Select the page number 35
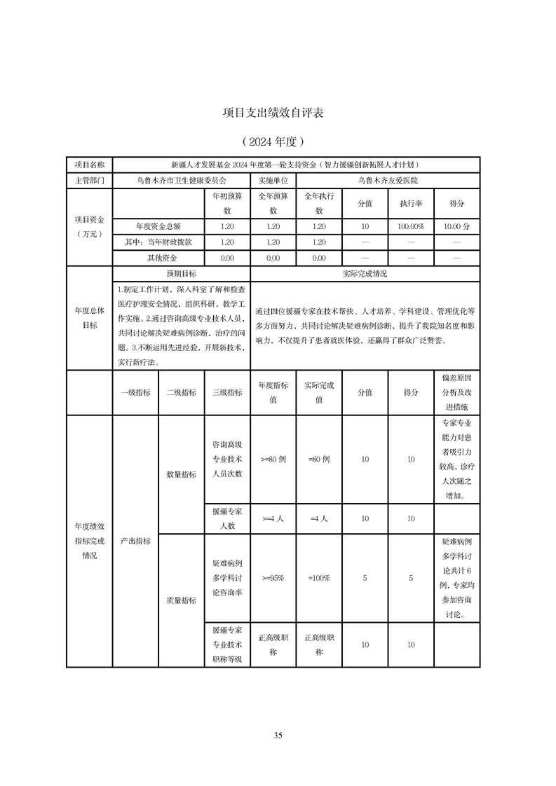pyautogui.click(x=278, y=735)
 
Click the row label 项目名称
pyautogui.click(x=89, y=165)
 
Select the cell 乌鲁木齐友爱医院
pyautogui.click(x=387, y=180)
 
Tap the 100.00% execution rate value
pyautogui.click(x=411, y=227)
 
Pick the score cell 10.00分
pyautogui.click(x=456, y=227)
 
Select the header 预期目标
pyautogui.click(x=181, y=274)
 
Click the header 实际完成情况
pyautogui.click(x=365, y=274)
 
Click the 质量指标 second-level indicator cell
pyautogui.click(x=181, y=600)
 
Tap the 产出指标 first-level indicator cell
pyautogui.click(x=135, y=541)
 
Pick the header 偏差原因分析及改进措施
pyautogui.click(x=456, y=392)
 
